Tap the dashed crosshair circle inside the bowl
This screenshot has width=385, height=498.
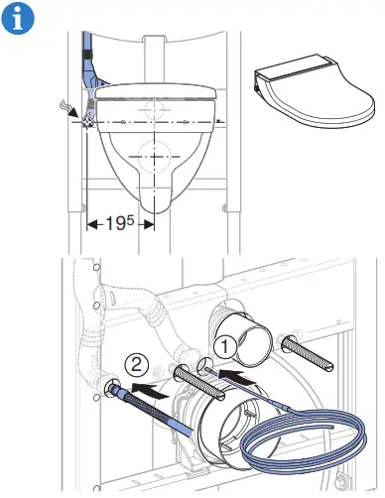tap(153, 156)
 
